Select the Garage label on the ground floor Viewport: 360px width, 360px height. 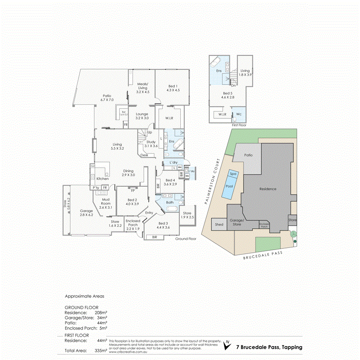tap(86, 211)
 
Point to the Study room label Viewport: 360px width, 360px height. tap(151, 142)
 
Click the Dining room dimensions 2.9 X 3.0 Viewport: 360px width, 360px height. tap(128, 175)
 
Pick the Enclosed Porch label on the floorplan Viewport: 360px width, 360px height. tap(133, 222)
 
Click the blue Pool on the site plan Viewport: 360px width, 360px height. tap(230, 186)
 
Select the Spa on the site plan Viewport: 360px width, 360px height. tap(232, 174)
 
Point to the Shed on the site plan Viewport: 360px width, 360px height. tap(219, 225)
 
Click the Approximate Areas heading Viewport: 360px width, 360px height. tap(84, 296)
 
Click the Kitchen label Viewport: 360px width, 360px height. tap(102, 178)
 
